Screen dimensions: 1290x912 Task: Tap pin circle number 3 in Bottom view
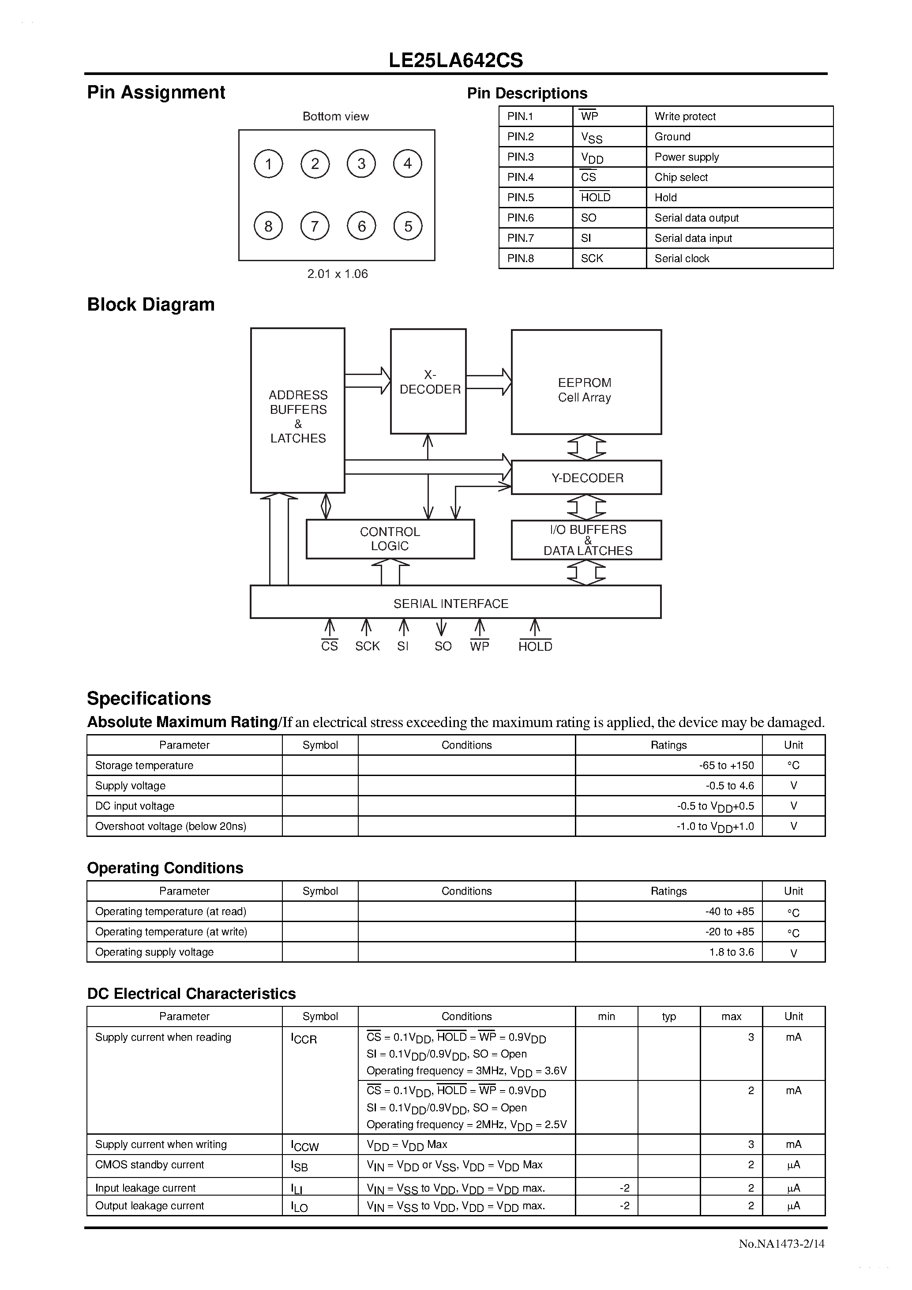click(361, 164)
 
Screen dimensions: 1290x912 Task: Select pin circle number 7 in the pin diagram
click(315, 226)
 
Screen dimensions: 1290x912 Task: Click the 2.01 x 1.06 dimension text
click(337, 274)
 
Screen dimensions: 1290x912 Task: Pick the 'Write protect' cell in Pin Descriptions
click(685, 116)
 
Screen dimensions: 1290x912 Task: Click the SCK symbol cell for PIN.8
click(592, 259)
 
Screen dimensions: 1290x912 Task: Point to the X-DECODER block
click(429, 382)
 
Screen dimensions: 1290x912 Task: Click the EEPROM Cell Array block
click(585, 382)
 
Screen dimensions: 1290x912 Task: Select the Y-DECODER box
click(587, 477)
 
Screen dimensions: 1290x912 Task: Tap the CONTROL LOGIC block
click(390, 539)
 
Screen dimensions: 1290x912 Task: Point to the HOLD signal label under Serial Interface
click(535, 646)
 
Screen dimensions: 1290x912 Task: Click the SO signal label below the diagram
click(443, 646)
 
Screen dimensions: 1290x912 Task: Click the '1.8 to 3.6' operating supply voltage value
click(731, 952)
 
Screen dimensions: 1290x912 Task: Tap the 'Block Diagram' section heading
click(150, 304)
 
